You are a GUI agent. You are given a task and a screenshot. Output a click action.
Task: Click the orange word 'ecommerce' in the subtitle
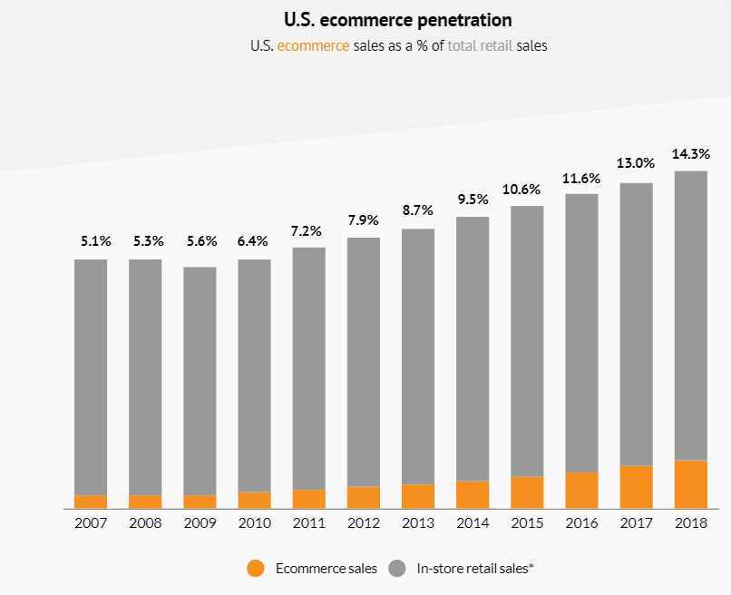point(313,45)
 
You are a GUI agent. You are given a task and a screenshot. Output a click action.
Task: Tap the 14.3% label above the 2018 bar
point(690,153)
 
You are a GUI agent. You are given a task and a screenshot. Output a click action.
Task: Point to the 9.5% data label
point(473,199)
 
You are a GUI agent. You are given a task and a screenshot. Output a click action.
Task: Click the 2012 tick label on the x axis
point(363,523)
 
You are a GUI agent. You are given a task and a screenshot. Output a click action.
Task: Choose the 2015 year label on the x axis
point(527,523)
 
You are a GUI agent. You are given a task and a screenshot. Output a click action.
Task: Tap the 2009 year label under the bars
point(200,523)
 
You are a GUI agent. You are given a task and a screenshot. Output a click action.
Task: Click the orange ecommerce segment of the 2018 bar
point(690,484)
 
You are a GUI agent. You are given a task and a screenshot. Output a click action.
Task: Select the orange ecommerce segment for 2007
point(91,502)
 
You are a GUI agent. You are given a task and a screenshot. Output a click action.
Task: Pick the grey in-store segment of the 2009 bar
point(200,381)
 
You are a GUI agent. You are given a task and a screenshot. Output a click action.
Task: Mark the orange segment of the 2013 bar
point(417,496)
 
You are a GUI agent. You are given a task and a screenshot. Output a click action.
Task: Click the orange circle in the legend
point(256,569)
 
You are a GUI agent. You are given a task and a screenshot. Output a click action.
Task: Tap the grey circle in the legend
point(397,569)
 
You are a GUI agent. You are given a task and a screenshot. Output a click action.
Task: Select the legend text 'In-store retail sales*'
point(475,569)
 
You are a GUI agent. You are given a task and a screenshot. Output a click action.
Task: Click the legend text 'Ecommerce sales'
point(325,569)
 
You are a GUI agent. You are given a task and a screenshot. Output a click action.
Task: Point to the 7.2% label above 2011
point(308,229)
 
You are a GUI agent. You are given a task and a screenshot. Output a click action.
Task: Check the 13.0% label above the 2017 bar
point(636,163)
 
